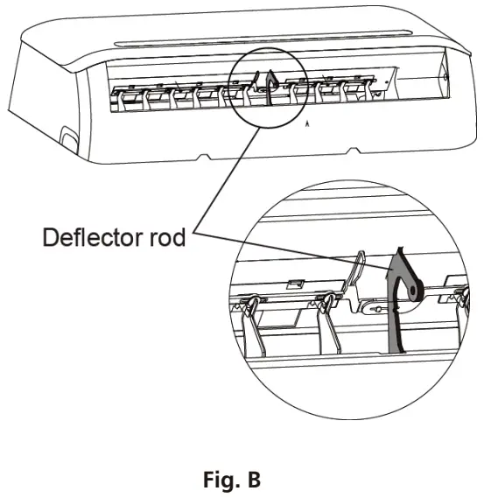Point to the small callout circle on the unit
265,87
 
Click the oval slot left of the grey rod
375,308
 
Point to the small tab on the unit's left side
67,138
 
